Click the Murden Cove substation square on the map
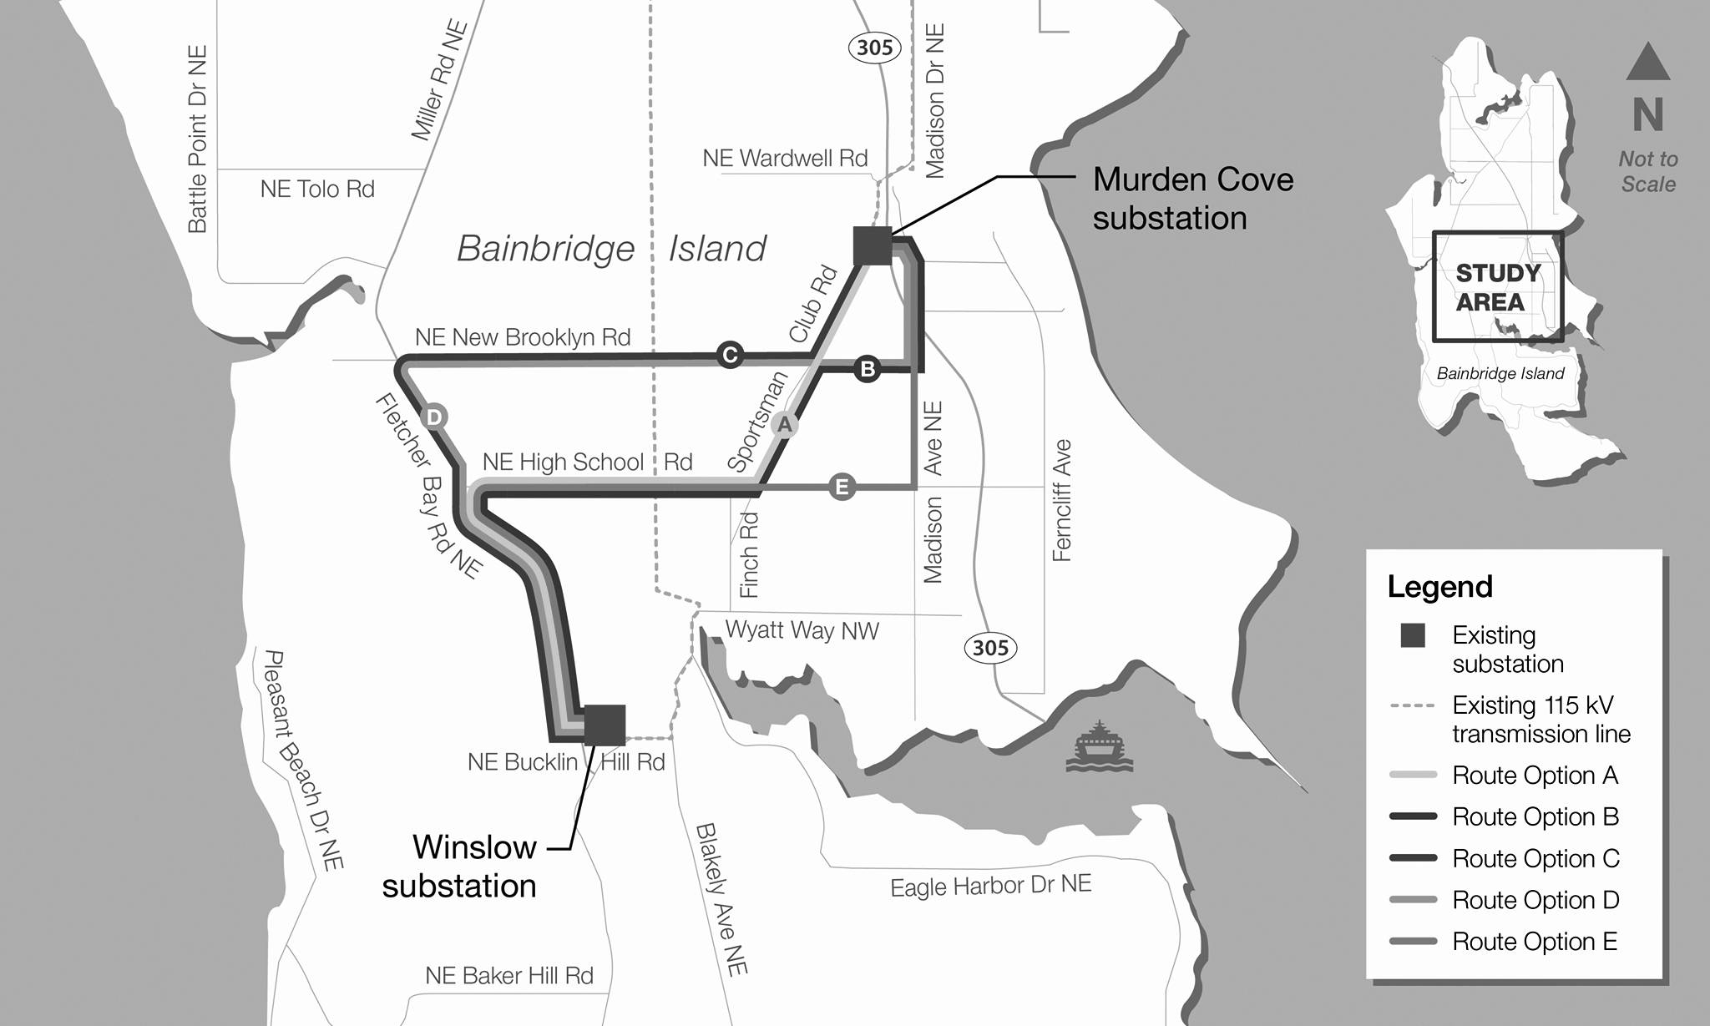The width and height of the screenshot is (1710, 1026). tap(873, 245)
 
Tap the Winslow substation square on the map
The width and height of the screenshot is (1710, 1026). tap(605, 725)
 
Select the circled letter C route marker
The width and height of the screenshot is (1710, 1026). tap(730, 355)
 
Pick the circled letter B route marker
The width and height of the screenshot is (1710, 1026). tap(868, 368)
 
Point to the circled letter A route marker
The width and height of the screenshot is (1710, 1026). tap(784, 424)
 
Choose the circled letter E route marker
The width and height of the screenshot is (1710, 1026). tap(842, 487)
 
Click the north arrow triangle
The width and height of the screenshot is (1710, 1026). tap(1647, 63)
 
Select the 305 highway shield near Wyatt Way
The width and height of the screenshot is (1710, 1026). tap(990, 647)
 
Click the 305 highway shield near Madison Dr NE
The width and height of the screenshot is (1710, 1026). tap(874, 48)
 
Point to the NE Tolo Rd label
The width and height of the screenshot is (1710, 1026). tap(317, 189)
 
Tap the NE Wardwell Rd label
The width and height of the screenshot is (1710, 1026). tap(785, 158)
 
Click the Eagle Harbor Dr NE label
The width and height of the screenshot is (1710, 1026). tap(990, 886)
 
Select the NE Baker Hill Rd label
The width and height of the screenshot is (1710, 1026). tap(509, 975)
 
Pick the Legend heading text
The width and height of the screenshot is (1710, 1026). tap(1439, 587)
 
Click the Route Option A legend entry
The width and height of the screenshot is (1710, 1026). tap(1535, 776)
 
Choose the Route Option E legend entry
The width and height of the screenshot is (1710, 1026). tap(1535, 942)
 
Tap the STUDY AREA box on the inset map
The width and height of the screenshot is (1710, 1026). tap(1498, 286)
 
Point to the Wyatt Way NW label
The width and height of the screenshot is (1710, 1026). tap(802, 630)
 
